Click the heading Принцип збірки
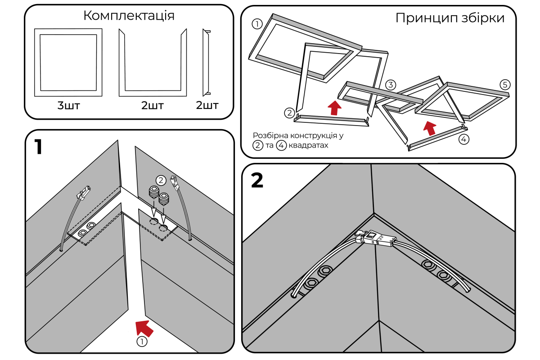click(450, 18)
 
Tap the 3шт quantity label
click(68, 106)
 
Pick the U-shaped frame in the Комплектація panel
click(153, 63)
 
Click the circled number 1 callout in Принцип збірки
click(257, 24)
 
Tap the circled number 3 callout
click(391, 85)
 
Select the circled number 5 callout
click(505, 85)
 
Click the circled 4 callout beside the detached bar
click(464, 139)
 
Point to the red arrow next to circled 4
click(430, 128)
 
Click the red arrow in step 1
click(144, 326)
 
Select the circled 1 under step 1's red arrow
click(142, 342)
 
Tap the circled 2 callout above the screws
click(161, 180)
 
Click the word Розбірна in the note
click(269, 135)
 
